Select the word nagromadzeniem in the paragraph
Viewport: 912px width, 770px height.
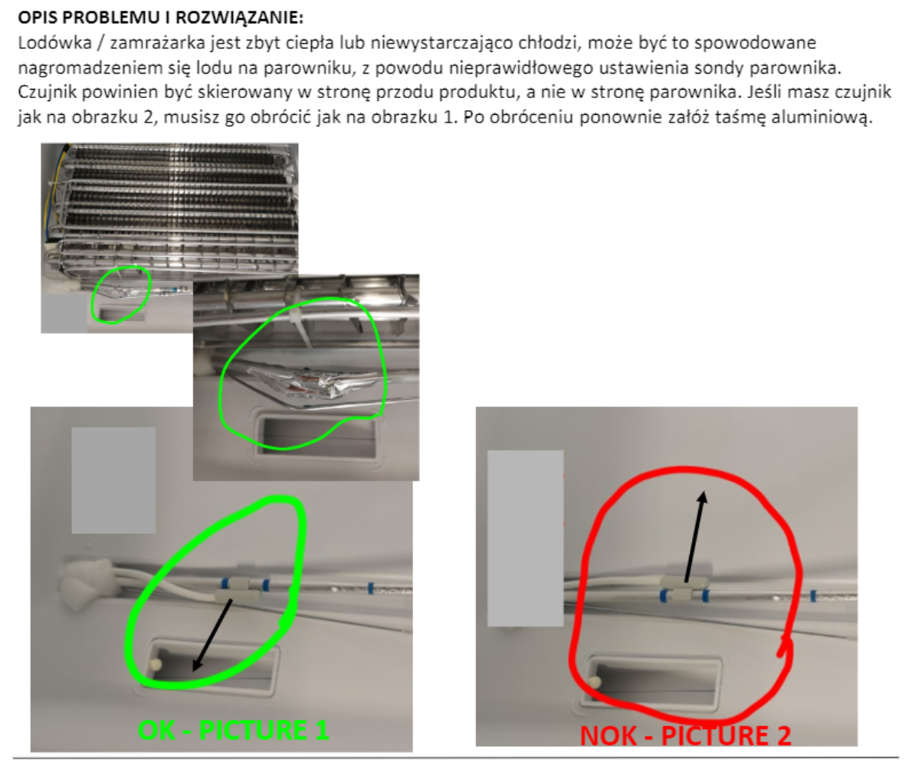73,67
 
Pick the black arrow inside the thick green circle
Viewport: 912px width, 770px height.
213,635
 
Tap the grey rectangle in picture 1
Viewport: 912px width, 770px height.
113,480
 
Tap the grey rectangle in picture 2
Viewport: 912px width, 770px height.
526,539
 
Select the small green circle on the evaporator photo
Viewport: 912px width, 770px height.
120,295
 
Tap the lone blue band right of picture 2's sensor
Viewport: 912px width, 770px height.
812,594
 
